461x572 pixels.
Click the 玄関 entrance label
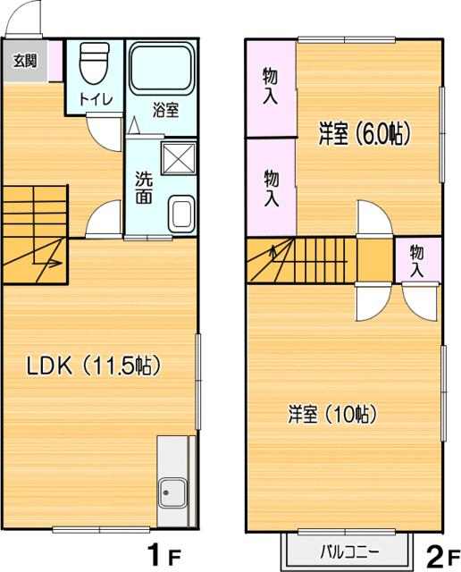coord(25,61)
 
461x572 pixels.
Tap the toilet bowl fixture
coord(95,63)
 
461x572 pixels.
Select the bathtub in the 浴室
coord(162,68)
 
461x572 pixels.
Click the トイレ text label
coord(96,99)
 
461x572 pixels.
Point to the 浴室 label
coord(165,110)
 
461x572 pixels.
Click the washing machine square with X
coord(179,158)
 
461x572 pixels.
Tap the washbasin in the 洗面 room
coord(182,214)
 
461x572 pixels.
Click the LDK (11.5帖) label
coord(94,366)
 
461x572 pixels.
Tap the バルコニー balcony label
coord(349,552)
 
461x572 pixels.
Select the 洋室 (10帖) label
coord(331,414)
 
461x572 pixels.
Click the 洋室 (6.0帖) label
coord(365,134)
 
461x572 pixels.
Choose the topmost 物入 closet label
coord(271,87)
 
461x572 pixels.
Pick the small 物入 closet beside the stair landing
coord(417,261)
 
